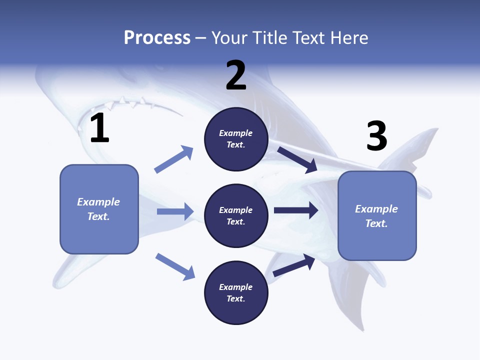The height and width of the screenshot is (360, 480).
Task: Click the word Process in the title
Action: (157, 38)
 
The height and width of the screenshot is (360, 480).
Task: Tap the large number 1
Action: (99, 128)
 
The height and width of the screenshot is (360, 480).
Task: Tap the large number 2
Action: (236, 75)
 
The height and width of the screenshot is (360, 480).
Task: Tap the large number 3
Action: (377, 136)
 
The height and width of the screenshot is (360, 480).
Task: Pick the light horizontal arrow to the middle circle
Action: (175, 211)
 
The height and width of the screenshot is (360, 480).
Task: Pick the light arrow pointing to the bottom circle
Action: (175, 266)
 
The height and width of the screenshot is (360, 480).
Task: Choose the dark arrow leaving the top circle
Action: (297, 159)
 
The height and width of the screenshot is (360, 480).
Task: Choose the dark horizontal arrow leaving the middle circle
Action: (296, 210)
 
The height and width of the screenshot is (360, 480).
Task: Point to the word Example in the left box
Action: (98, 202)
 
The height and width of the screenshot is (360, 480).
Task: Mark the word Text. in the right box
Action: (376, 223)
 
